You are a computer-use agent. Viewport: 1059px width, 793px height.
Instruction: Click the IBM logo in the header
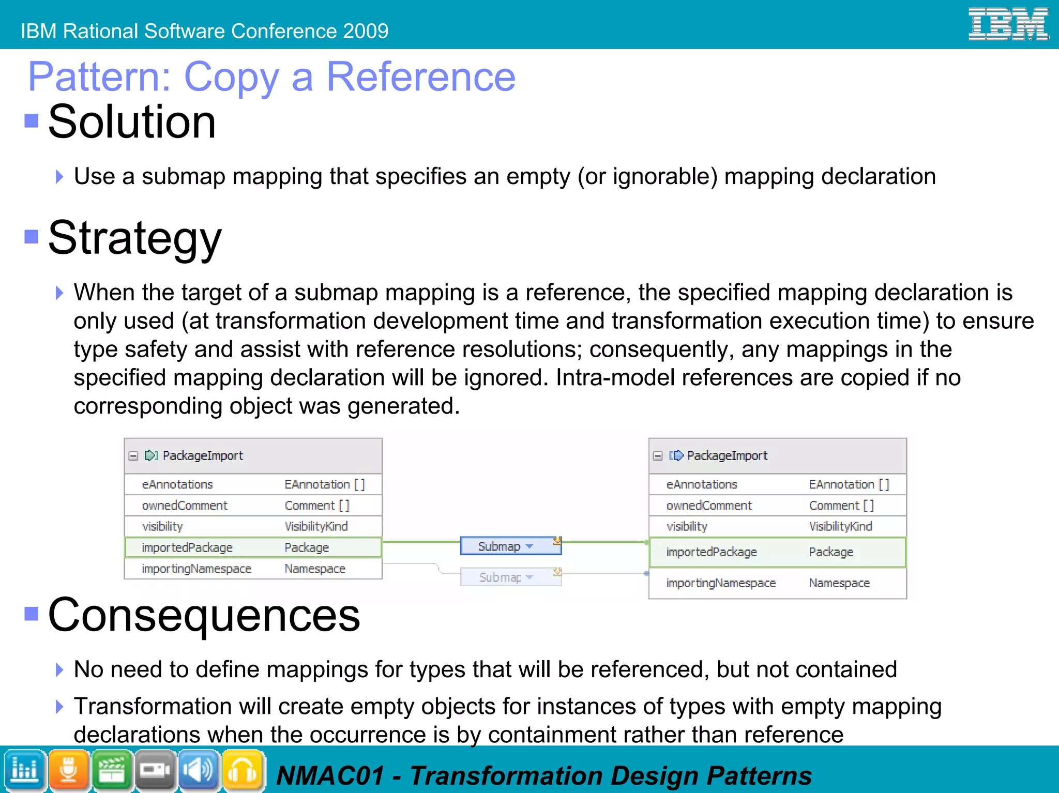click(x=1008, y=24)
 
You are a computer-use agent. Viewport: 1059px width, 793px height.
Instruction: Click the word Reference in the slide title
click(x=420, y=77)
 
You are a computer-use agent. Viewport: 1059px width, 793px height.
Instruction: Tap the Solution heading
click(x=131, y=122)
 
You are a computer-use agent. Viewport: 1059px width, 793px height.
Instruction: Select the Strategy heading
click(x=134, y=238)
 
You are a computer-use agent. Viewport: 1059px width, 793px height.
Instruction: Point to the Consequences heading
click(x=204, y=615)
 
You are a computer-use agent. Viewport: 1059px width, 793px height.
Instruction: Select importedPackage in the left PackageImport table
click(x=187, y=547)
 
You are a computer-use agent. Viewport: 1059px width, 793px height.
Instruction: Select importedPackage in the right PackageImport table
click(x=711, y=552)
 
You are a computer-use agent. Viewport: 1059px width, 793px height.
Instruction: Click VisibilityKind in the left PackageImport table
click(x=316, y=526)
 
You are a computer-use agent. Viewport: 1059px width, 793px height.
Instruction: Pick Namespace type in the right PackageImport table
click(x=839, y=583)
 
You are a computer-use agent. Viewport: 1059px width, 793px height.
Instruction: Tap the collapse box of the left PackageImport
click(x=133, y=456)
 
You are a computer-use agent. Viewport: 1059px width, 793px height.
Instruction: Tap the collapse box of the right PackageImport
click(x=658, y=456)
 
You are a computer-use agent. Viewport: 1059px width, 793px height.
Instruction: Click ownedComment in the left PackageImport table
click(x=185, y=506)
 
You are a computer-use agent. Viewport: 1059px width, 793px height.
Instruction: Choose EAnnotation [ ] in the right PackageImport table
click(x=849, y=484)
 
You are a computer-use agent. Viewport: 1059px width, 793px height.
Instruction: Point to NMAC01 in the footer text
click(x=330, y=776)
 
